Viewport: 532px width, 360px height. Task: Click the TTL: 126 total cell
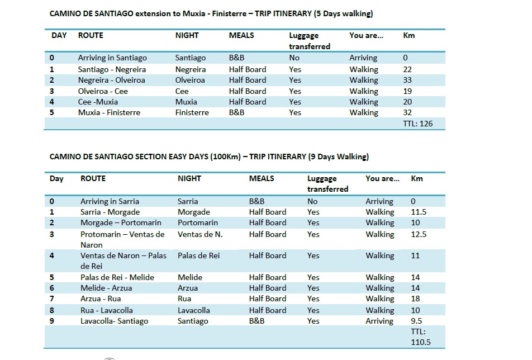417,124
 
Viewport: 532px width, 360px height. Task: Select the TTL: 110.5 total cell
421,337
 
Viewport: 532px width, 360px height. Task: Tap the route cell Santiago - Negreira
112,69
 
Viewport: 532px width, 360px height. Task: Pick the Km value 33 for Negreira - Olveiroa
407,80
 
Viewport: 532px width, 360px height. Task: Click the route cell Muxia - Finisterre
109,112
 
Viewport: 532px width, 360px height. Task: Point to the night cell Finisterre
192,112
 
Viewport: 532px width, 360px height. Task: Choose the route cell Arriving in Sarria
110,201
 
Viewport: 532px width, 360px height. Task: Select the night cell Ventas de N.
200,234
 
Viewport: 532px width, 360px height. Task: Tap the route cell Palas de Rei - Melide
117,277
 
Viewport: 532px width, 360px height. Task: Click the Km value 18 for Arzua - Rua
415,299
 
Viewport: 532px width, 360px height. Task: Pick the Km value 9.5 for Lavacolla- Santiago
416,321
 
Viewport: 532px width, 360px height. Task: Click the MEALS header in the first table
241,35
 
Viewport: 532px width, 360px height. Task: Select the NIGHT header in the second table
189,178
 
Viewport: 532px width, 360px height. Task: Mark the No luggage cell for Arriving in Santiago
294,58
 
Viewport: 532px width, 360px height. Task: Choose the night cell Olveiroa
190,80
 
